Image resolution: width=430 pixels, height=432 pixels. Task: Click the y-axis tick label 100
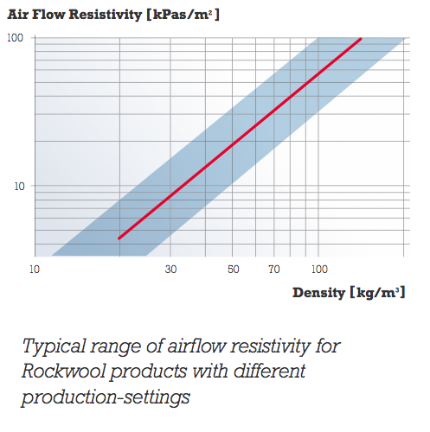coord(16,38)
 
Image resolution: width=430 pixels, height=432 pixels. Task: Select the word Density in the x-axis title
coord(318,292)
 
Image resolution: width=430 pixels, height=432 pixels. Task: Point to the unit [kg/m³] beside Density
coord(376,292)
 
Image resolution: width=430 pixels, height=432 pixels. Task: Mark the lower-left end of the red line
coord(119,238)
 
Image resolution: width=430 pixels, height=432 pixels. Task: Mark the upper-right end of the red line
coord(360,39)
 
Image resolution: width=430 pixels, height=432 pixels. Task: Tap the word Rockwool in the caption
coord(62,373)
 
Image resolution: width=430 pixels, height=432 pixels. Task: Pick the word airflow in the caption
coord(192,348)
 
